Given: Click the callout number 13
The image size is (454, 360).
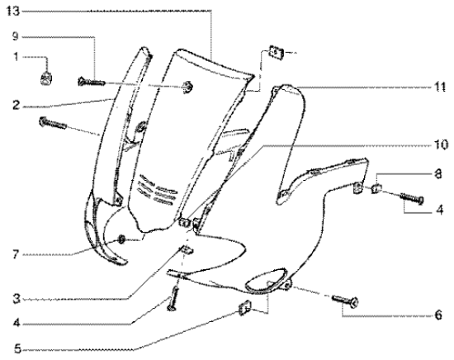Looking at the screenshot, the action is (13, 12).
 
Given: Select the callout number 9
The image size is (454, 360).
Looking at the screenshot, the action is (15, 36).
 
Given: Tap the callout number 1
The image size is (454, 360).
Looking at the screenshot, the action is (16, 57).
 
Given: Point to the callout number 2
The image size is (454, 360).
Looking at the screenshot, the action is (17, 105).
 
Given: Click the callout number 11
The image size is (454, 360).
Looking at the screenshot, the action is (440, 88).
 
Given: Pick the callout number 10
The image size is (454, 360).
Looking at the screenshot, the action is (441, 144).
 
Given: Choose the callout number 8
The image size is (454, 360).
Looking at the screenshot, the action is (438, 174).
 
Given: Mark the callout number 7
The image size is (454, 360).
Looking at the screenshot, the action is (16, 254).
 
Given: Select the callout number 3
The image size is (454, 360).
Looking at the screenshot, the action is (17, 299).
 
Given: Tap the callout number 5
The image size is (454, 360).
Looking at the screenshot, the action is (17, 349).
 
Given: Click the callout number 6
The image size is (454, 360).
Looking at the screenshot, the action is (438, 315).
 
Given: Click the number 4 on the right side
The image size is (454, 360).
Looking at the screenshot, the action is (439, 210).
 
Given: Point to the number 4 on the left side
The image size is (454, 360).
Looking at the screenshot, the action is (17, 323).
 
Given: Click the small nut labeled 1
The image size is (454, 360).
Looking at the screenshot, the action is (46, 78).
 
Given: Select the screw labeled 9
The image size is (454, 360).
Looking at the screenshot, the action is (91, 82).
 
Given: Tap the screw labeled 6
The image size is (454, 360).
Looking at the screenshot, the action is (345, 301).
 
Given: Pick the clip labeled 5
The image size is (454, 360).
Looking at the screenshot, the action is (245, 307).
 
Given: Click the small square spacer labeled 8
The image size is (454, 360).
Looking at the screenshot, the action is (376, 189).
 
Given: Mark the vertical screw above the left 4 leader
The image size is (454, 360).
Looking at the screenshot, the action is (173, 298).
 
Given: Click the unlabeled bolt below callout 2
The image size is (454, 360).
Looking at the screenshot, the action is (53, 123).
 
